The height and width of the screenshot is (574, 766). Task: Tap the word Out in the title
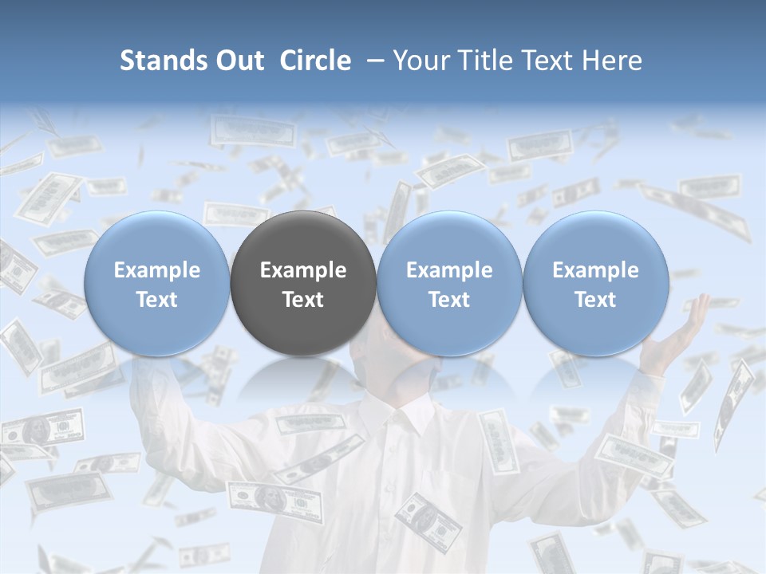236,61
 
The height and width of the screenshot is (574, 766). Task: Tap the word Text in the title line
546,61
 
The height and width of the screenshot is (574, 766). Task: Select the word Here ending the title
612,61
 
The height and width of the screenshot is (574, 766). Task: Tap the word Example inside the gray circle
303,270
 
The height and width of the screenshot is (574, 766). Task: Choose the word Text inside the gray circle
303,300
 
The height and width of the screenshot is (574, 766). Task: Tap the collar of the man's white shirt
407,415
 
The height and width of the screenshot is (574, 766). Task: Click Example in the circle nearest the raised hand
595,270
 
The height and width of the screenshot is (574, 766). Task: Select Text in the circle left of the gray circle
156,300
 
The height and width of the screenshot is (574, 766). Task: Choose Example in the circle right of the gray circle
449,270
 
